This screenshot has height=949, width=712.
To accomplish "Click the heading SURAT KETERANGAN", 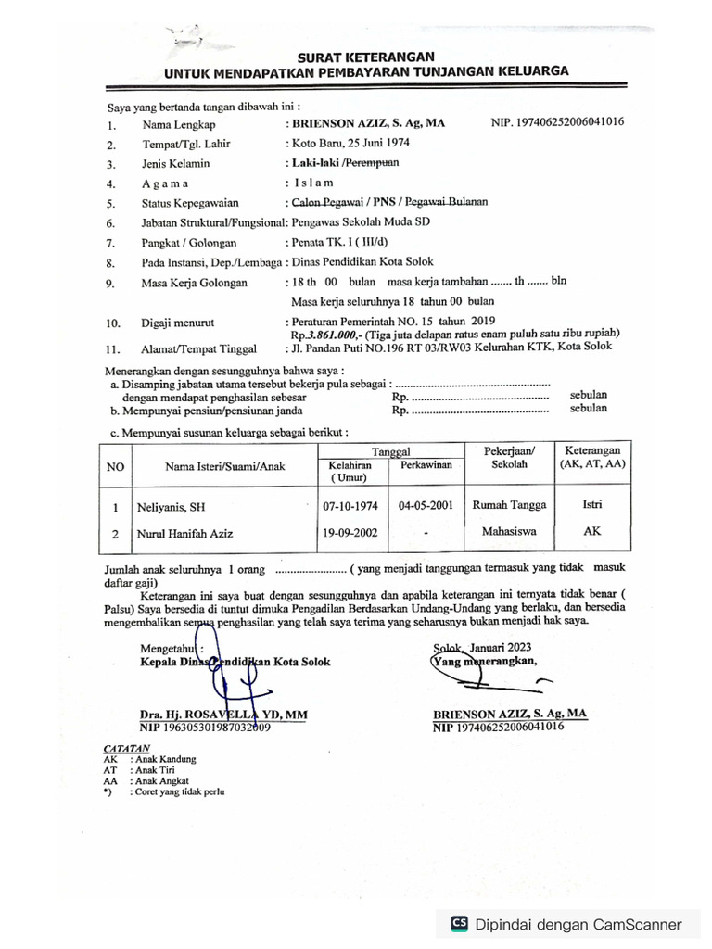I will click(x=365, y=57).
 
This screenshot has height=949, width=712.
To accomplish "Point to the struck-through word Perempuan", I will click(x=370, y=163).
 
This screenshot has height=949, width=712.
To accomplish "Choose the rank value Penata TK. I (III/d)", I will click(x=339, y=242).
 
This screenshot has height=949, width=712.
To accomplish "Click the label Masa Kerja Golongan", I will click(x=195, y=283).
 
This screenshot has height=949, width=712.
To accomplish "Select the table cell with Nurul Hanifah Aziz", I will click(x=184, y=534).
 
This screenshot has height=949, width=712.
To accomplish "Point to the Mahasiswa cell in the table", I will click(x=509, y=533).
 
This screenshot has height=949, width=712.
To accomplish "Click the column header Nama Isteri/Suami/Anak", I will click(x=225, y=466).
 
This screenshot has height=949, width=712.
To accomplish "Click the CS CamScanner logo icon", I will click(x=459, y=923).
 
